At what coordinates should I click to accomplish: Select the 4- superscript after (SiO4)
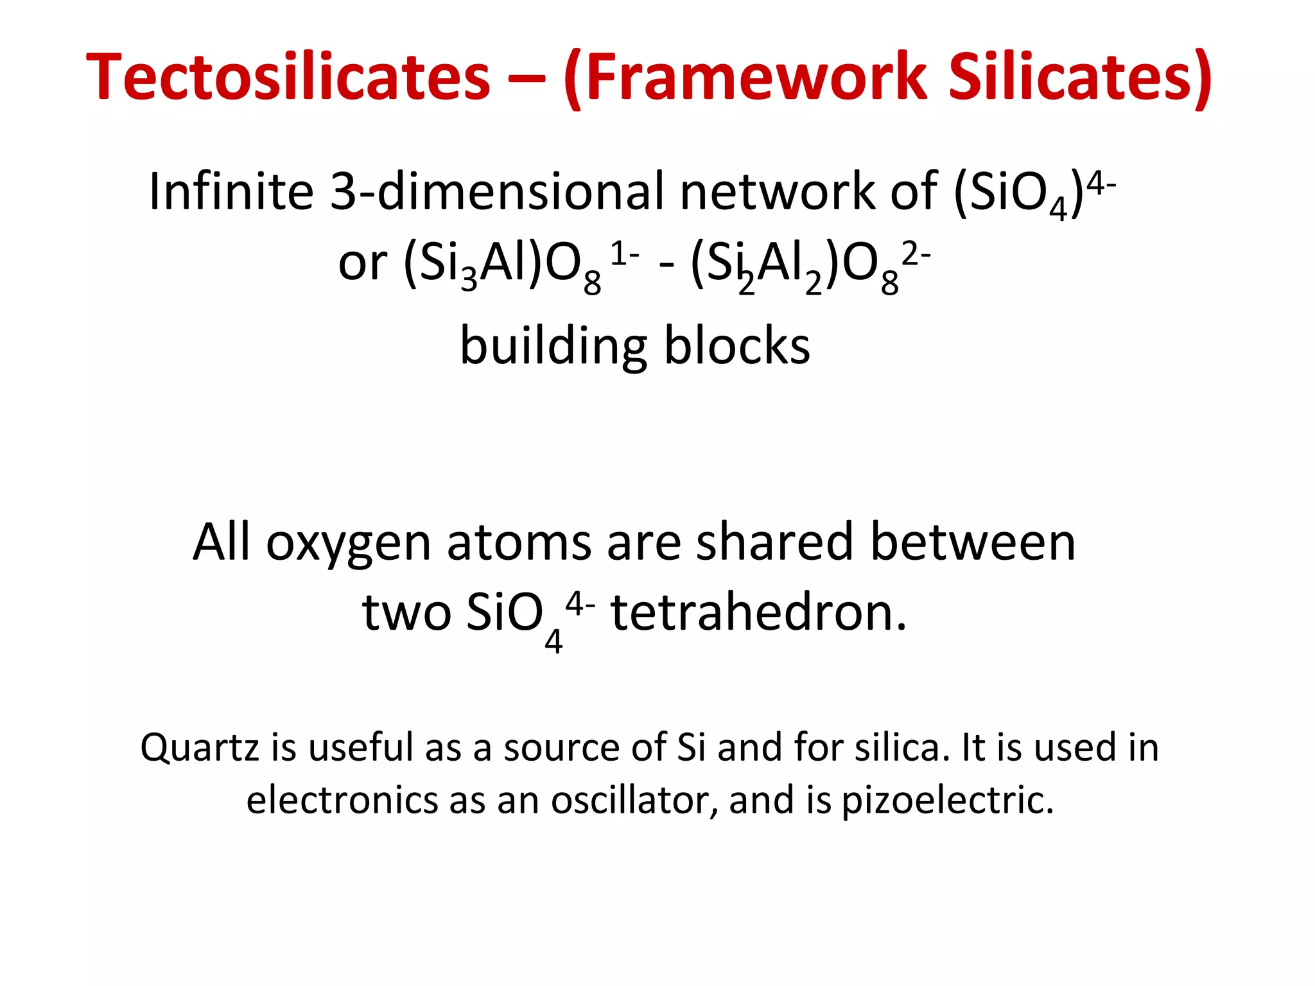[1102, 186]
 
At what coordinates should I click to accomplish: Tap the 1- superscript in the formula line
[623, 255]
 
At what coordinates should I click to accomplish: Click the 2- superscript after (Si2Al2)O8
[916, 255]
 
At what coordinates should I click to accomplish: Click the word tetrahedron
[759, 612]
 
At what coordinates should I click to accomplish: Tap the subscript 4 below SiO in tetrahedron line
[553, 641]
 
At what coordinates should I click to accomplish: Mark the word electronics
[342, 800]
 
